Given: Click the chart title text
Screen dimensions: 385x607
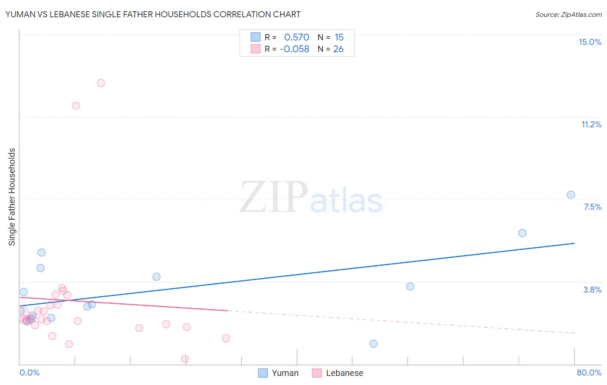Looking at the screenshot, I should (x=153, y=14).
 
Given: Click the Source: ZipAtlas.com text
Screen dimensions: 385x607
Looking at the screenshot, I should (x=568, y=14).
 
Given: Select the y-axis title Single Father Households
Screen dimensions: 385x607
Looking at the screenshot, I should (x=12, y=197).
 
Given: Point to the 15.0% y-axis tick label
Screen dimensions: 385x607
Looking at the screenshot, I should (x=590, y=42).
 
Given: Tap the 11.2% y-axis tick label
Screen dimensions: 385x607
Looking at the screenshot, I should (x=591, y=124).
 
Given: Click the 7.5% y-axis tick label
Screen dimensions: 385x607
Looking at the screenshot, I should (x=592, y=207).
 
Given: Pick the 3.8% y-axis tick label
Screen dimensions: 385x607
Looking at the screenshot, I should (x=592, y=290).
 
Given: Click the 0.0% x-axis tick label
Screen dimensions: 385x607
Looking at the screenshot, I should (x=29, y=372).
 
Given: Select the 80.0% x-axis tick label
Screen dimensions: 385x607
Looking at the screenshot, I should (x=589, y=372).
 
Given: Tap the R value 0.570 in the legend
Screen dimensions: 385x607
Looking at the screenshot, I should (x=297, y=38).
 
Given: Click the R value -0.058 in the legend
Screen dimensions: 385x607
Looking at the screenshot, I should (x=294, y=49).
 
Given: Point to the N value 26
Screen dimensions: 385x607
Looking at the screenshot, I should (x=338, y=49).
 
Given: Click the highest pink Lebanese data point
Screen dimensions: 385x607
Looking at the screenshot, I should (x=101, y=83).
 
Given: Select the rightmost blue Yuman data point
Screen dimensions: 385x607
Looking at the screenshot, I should (x=571, y=195).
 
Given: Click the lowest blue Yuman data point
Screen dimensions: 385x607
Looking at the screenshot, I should (x=373, y=344).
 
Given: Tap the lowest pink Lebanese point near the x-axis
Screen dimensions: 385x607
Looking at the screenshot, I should (x=185, y=359).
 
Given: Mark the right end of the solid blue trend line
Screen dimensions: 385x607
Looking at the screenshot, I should (x=575, y=243).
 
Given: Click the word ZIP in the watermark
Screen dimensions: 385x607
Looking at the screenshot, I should (x=274, y=197).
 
